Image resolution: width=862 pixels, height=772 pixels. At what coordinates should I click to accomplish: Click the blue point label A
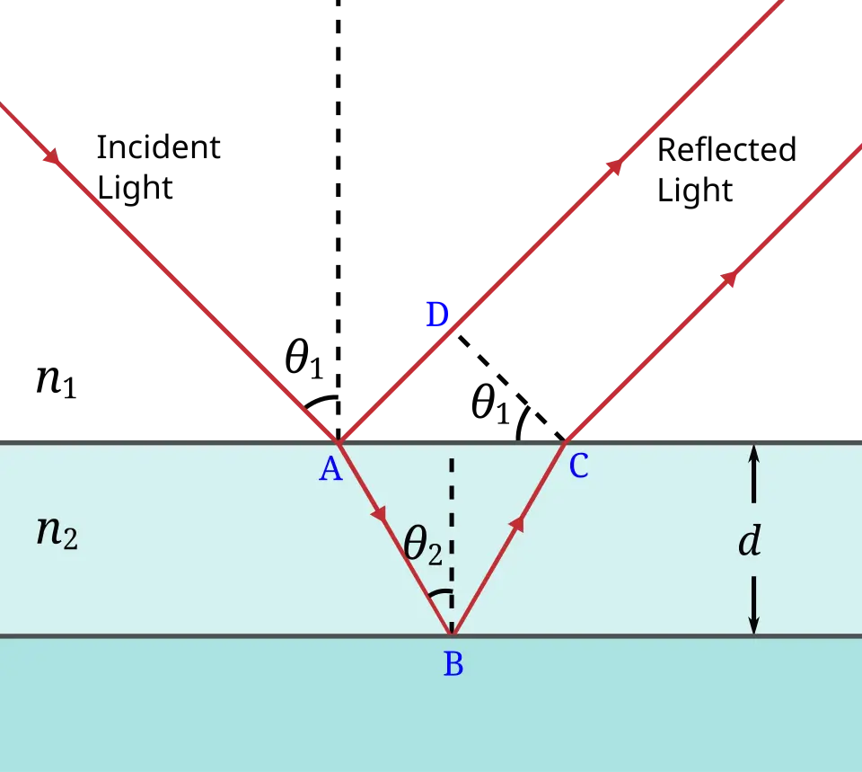point(331,470)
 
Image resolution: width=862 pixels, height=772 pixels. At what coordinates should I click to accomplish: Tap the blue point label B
point(453,663)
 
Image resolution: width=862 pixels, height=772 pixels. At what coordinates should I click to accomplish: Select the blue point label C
point(579,466)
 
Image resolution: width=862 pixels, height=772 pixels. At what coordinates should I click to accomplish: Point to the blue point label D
point(437,315)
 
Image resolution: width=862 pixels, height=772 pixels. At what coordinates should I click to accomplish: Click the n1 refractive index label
point(56,380)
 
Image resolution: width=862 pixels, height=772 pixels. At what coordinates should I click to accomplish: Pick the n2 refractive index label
point(57,532)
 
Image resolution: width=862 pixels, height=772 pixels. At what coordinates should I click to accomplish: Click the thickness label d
point(750,540)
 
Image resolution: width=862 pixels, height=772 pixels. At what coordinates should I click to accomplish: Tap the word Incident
point(158,147)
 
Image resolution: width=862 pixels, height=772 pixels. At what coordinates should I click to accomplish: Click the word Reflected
point(726,150)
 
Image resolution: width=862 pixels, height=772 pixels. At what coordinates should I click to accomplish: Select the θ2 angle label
point(423,546)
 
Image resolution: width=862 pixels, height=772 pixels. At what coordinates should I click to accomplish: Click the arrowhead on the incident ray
point(53,156)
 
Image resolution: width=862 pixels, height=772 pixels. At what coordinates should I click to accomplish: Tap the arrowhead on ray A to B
point(379,514)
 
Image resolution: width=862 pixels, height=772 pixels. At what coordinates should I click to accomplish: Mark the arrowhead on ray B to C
point(517,523)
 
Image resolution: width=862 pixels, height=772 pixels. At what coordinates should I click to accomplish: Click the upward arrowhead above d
point(753,453)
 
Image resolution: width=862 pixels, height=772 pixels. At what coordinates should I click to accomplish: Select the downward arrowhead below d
point(753,626)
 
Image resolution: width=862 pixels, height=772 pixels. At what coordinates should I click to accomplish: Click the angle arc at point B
point(440,592)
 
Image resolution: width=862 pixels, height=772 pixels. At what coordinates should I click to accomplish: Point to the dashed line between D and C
point(511,388)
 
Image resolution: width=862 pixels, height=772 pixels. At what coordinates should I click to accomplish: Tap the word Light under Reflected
point(695,191)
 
